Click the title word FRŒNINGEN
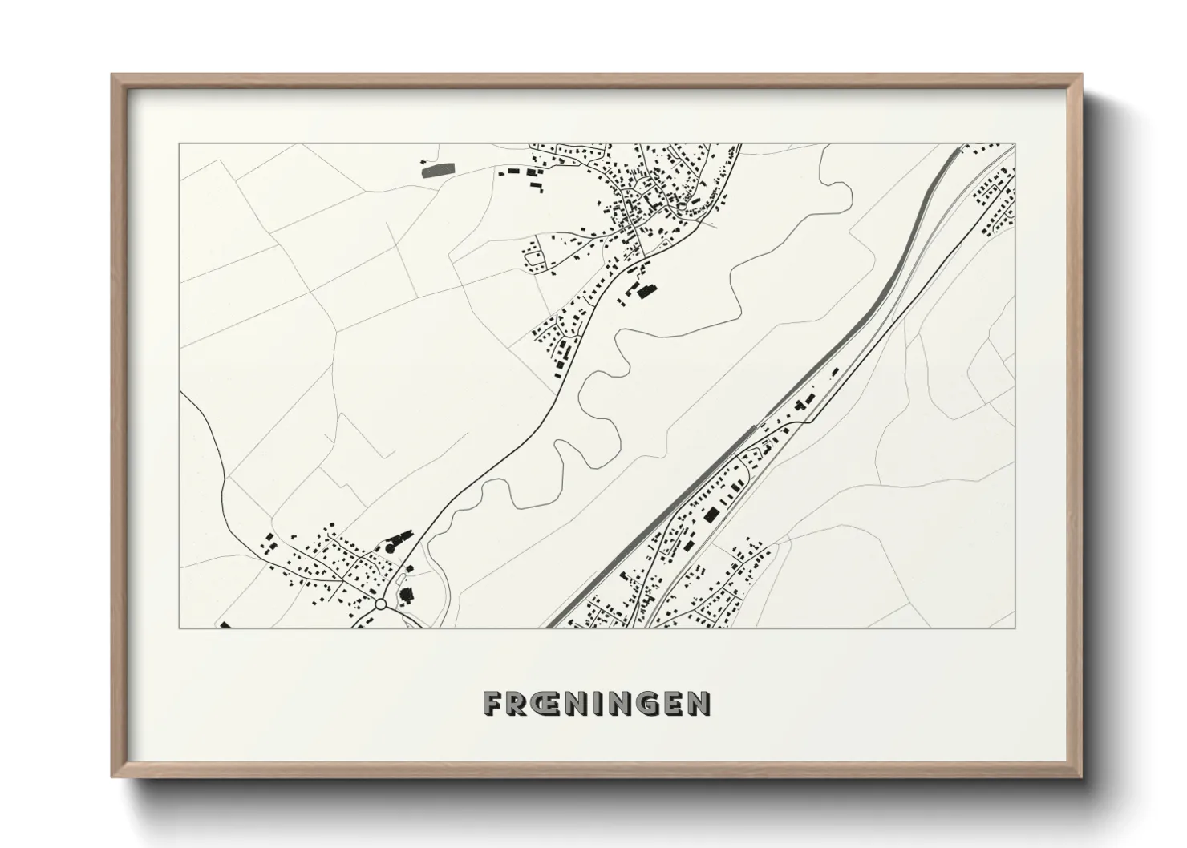pyautogui.click(x=597, y=703)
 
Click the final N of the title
pyautogui.click(x=699, y=703)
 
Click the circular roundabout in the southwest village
pyautogui.click(x=381, y=604)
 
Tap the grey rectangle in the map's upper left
pyautogui.click(x=437, y=169)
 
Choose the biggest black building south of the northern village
pyautogui.click(x=642, y=290)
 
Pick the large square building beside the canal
pyautogui.click(x=709, y=515)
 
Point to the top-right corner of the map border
pyautogui.click(x=1016, y=144)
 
